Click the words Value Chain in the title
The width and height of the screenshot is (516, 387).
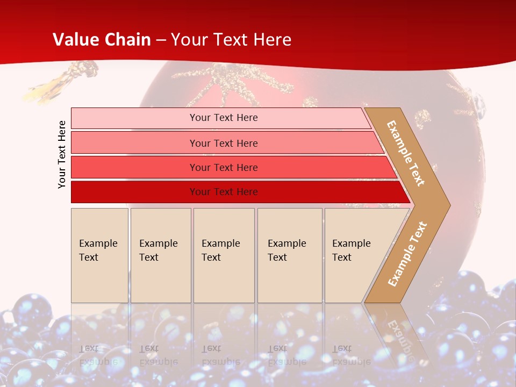tap(102, 40)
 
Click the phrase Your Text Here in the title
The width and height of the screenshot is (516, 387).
tap(231, 40)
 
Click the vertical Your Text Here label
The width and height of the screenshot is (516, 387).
tap(62, 154)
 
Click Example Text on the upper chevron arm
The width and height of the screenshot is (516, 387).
tap(406, 153)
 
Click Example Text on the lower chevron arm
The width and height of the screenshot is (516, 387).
tap(407, 254)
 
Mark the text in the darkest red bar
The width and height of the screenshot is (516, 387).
tap(224, 192)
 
